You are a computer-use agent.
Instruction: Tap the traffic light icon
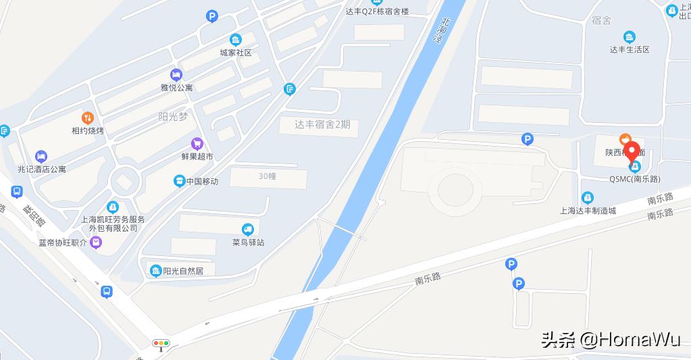click(x=161, y=344)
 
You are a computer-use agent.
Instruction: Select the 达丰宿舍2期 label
click(x=323, y=124)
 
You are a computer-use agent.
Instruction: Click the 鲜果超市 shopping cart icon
click(x=197, y=143)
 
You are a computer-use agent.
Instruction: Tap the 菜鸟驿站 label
click(x=248, y=241)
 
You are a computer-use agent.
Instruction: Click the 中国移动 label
click(x=202, y=181)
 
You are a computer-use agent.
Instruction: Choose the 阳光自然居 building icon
click(x=156, y=271)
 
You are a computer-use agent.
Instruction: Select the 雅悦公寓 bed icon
click(x=176, y=74)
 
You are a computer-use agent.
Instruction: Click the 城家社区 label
click(x=236, y=53)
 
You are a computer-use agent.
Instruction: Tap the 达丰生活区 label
click(x=630, y=49)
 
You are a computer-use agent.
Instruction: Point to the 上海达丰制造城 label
click(x=588, y=210)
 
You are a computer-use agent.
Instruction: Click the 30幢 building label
click(x=268, y=176)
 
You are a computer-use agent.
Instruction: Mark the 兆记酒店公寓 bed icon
click(x=41, y=156)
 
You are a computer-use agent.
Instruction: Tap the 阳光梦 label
click(x=172, y=116)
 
